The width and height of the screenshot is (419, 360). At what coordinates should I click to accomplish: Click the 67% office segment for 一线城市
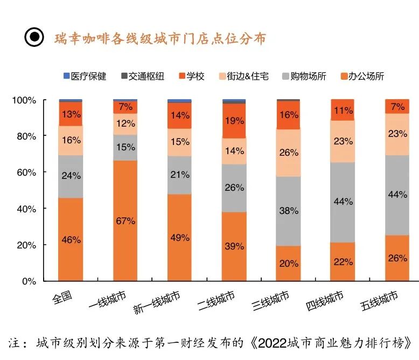125,220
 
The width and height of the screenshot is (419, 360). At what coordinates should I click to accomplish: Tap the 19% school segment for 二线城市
234,121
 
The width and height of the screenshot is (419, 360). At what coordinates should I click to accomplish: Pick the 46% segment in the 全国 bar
71,239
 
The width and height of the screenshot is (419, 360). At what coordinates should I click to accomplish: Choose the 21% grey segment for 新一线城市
179,175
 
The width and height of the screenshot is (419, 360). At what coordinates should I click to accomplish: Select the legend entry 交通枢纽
144,77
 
